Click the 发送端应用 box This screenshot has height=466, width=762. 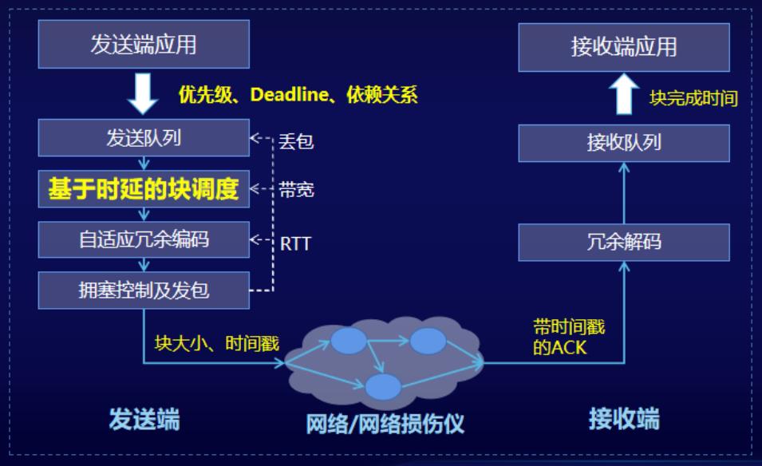144,44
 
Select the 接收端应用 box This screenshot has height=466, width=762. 624,47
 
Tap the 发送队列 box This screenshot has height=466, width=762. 144,138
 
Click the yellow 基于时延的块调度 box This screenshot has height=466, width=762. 144,189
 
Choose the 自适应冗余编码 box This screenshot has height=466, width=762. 144,239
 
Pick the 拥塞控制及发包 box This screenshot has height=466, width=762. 144,290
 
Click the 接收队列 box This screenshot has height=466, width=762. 624,143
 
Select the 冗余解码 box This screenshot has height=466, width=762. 624,242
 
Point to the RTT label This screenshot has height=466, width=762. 295,243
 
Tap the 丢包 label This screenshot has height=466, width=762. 296,142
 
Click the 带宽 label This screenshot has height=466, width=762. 297,189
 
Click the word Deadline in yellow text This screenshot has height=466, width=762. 289,94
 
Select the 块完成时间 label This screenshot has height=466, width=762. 693,98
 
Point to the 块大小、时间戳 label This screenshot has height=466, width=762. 217,344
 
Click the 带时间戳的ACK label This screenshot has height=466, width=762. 569,338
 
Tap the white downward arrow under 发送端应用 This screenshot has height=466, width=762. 143,94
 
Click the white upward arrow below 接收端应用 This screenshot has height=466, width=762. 624,94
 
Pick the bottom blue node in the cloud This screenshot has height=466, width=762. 383,387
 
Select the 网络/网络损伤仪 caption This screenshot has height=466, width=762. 385,424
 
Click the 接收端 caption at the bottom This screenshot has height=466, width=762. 624,418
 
